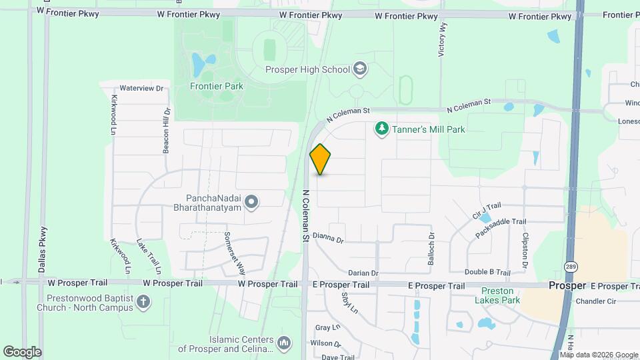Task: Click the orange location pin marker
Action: point(321,159)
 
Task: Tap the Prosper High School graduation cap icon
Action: point(360,68)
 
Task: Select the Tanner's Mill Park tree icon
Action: point(381,128)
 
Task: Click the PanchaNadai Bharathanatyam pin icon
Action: point(251,201)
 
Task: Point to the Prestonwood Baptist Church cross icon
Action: point(142,303)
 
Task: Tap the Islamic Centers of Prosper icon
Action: point(284,343)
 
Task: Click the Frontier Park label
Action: point(216,86)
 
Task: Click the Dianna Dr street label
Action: point(327,237)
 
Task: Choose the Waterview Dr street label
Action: point(141,88)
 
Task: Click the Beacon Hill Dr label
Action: point(167,130)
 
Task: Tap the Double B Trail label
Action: point(487,273)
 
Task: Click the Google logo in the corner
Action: point(22,351)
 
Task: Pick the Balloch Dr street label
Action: point(431,246)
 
